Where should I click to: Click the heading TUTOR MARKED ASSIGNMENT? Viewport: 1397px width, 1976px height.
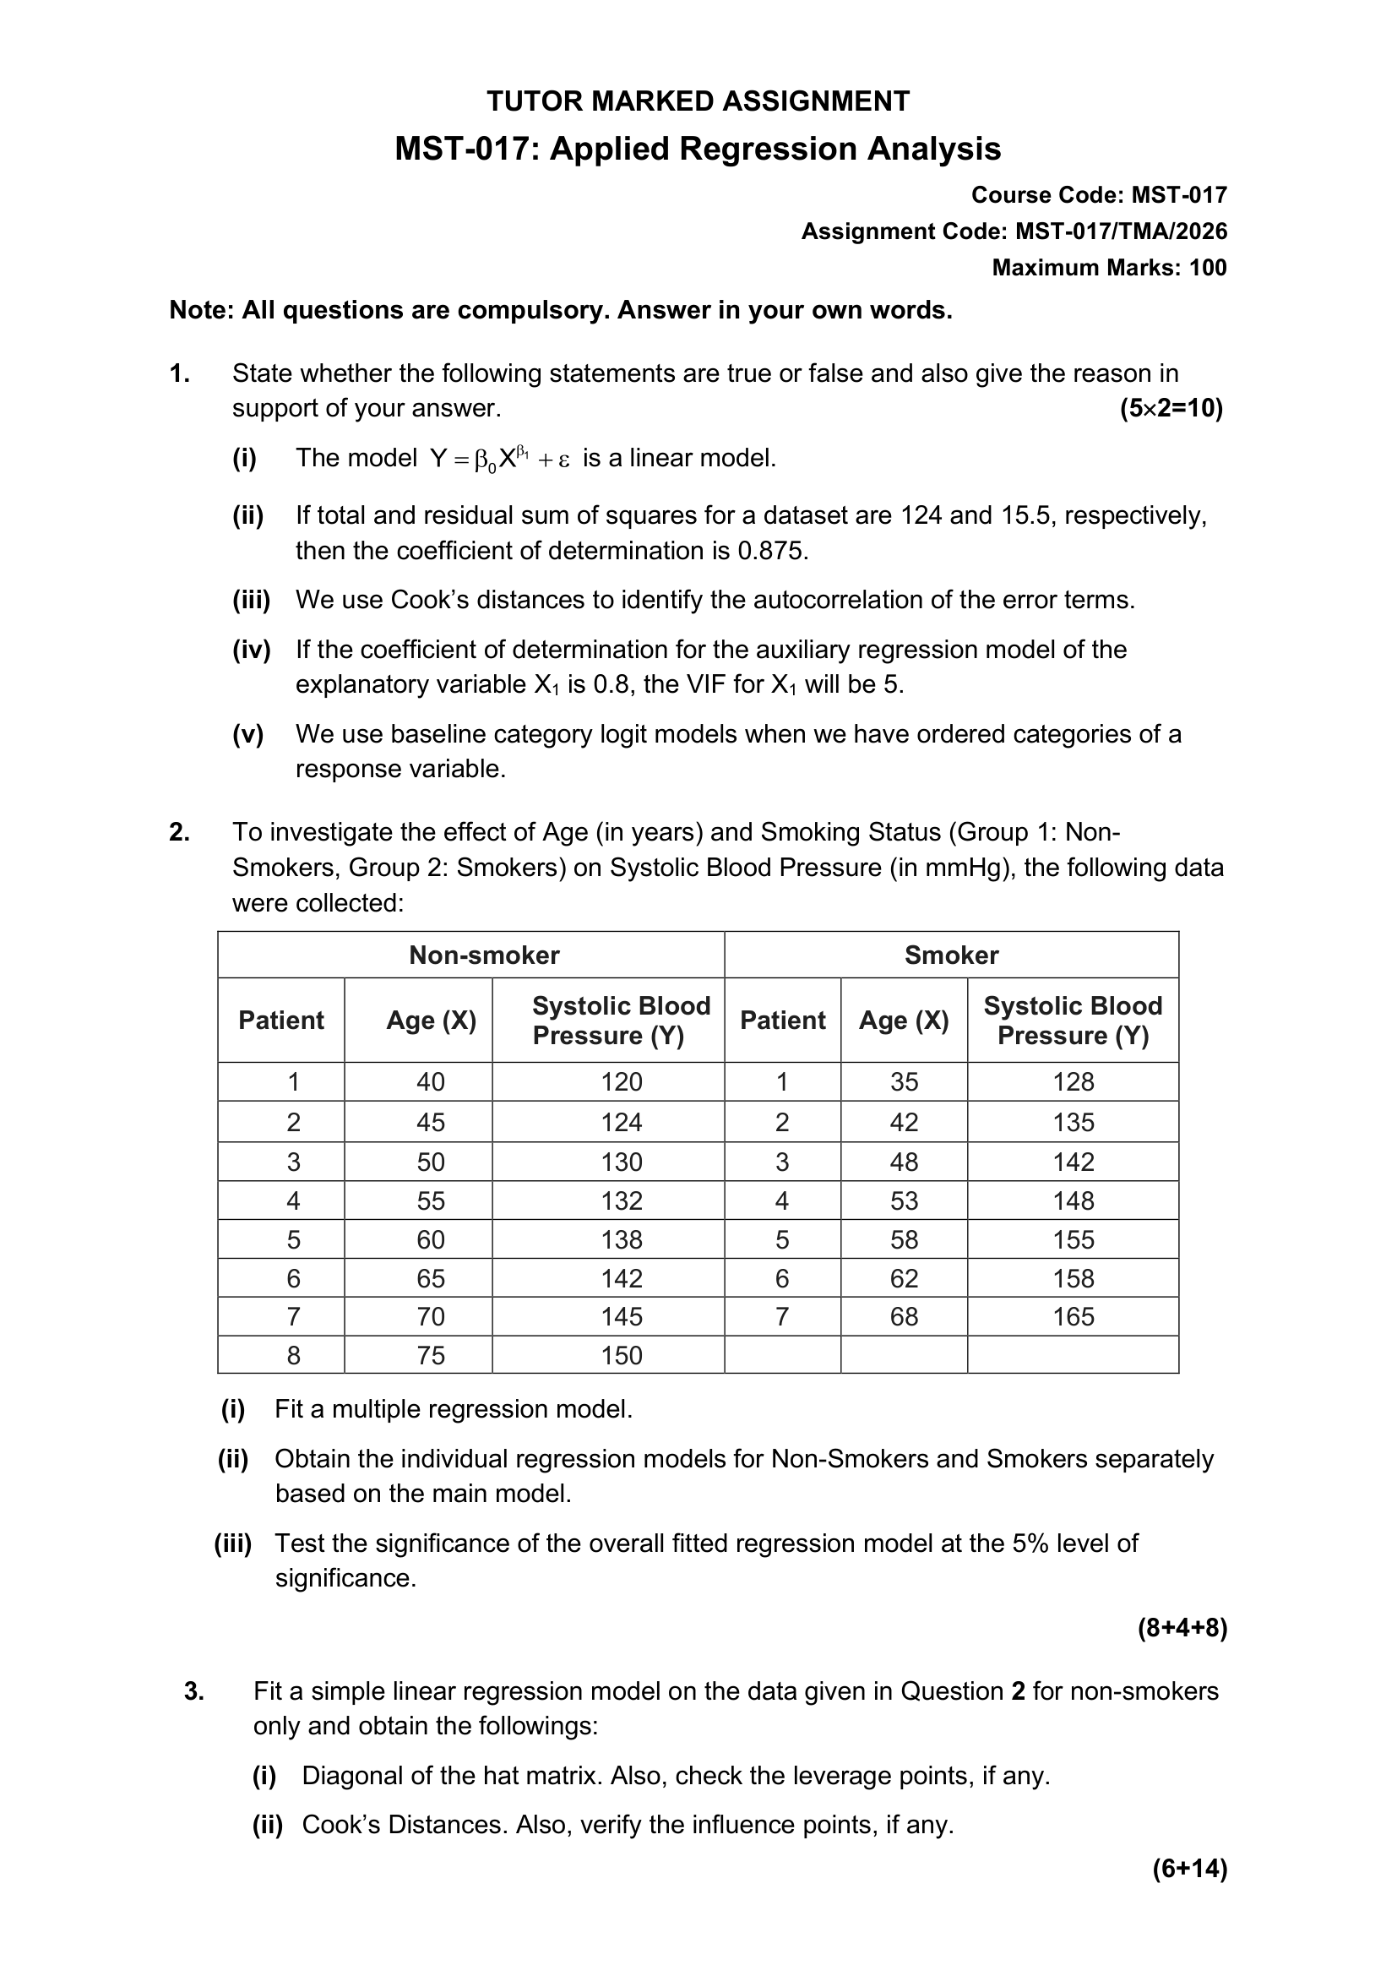pos(698,101)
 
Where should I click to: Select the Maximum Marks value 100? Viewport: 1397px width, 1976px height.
pos(1208,268)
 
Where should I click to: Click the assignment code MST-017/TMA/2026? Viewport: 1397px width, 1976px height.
pos(1121,231)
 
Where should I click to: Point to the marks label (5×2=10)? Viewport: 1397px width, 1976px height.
pos(1171,408)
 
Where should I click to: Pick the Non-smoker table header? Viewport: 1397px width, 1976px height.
pos(483,955)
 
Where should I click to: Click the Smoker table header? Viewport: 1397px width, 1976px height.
pos(950,955)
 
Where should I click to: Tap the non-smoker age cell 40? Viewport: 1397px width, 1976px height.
pos(430,1082)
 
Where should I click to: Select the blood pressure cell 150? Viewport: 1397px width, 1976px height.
pos(621,1355)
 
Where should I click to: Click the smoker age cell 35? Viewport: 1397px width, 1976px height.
pos(903,1082)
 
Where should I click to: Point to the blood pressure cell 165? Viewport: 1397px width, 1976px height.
pos(1073,1317)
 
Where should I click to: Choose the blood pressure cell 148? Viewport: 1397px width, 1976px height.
pos(1073,1200)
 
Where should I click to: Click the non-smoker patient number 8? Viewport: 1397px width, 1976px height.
pos(293,1355)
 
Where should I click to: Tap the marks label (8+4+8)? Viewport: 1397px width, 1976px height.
pos(1182,1628)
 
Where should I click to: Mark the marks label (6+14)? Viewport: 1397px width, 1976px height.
pos(1190,1869)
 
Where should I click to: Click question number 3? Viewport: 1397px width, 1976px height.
pos(193,1691)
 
